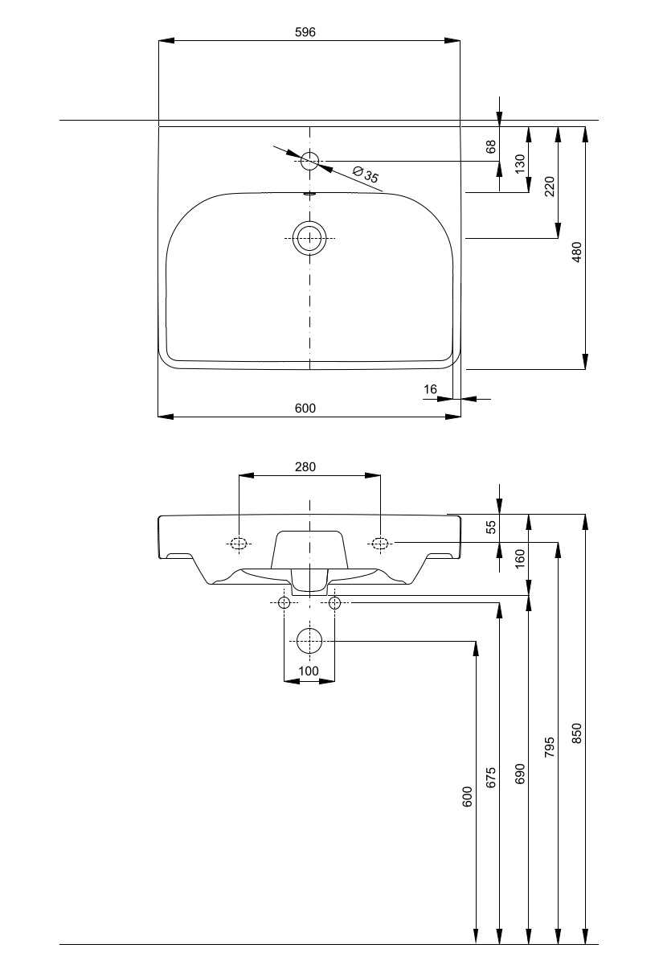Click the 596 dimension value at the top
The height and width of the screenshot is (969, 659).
[305, 32]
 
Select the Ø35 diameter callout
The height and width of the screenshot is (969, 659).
[366, 175]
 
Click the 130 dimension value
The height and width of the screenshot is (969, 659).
[520, 164]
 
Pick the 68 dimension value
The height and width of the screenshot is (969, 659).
[492, 146]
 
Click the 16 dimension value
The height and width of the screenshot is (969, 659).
[431, 389]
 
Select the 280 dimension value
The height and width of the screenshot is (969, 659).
[305, 466]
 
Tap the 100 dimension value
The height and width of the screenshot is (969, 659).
[309, 671]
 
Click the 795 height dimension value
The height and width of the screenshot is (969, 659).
[549, 746]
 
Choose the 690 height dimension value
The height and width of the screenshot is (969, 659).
[520, 774]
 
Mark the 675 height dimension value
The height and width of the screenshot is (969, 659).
[492, 777]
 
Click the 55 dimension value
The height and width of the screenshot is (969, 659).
[492, 528]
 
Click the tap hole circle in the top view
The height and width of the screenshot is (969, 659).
[310, 161]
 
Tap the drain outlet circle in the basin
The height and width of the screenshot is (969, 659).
[309, 239]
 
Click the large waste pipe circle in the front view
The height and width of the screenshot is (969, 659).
[309, 641]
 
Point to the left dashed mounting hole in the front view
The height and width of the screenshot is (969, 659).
[239, 543]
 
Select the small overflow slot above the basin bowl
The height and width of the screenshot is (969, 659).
[309, 193]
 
